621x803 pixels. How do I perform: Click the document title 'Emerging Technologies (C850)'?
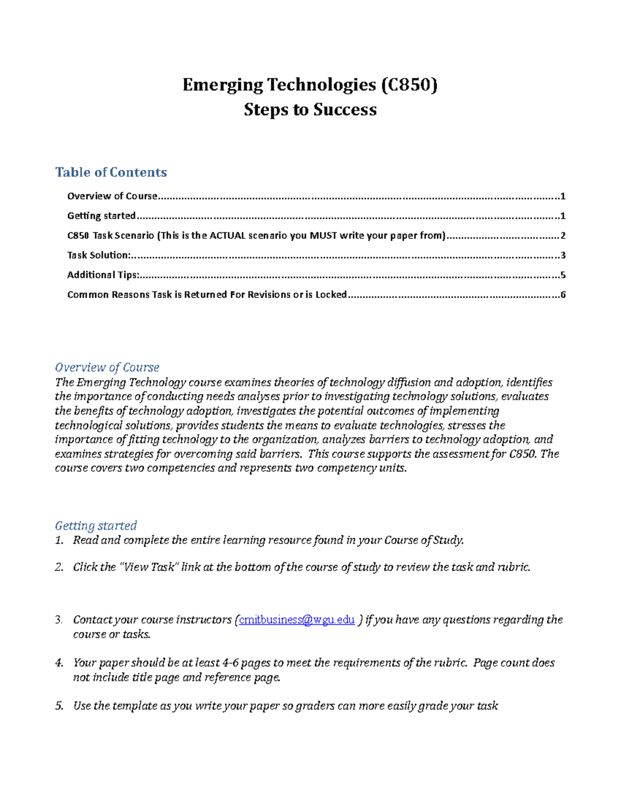tap(310, 85)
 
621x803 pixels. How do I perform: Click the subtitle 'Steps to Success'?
tap(310, 110)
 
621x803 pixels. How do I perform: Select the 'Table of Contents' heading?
tap(111, 172)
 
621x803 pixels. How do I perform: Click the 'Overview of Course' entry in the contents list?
tap(112, 196)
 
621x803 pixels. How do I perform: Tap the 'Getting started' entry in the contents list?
tap(101, 216)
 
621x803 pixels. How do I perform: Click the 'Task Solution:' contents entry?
tap(98, 255)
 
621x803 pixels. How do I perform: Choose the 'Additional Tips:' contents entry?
tap(103, 275)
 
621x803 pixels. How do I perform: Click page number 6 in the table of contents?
tap(563, 295)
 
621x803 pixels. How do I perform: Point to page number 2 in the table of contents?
tap(563, 236)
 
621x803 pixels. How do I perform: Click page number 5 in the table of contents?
tap(563, 275)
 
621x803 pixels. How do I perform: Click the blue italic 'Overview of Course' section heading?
tap(107, 367)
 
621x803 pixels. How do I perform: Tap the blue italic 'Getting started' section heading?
tap(96, 525)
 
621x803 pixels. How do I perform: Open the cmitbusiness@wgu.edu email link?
tap(297, 619)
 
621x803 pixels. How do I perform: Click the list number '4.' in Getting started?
tap(59, 663)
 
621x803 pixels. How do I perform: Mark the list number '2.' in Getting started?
tap(59, 567)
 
